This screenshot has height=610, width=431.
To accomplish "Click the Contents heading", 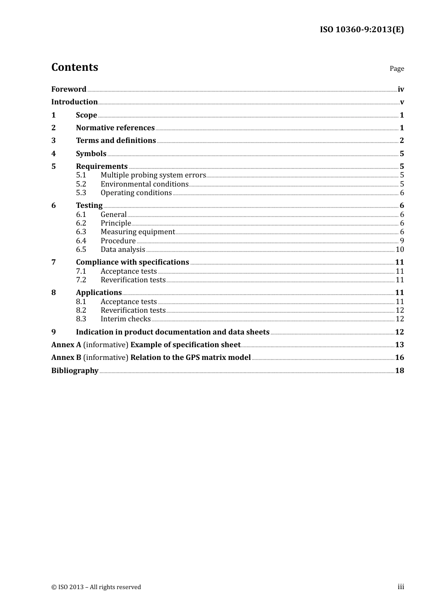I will click(74, 67).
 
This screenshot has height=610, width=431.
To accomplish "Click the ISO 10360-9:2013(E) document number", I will click(362, 30).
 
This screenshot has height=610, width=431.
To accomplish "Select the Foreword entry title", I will click(69, 89).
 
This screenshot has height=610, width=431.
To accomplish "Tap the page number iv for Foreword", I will click(401, 89).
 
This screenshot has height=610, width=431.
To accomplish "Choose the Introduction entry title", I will click(74, 102).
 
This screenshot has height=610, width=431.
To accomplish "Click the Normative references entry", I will click(115, 128).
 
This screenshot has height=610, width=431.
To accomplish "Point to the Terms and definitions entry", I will click(116, 141).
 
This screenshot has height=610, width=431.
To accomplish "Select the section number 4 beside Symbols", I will click(54, 153).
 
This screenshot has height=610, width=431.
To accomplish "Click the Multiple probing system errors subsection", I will click(153, 175).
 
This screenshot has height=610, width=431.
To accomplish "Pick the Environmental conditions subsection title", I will click(144, 184).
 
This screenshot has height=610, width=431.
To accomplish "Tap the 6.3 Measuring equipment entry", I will click(137, 232).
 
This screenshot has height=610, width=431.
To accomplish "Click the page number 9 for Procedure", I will click(402, 241).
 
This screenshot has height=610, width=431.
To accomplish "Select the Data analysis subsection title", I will click(122, 250).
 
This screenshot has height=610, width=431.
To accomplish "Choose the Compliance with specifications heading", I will click(132, 262).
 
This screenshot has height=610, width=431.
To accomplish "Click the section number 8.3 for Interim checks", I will click(81, 319).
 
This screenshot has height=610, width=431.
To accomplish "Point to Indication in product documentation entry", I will click(172, 332).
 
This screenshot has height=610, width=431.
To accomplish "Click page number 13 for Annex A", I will click(399, 345).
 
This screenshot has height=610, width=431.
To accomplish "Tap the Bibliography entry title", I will click(74, 371).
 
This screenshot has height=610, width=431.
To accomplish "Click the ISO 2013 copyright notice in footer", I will click(96, 587).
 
